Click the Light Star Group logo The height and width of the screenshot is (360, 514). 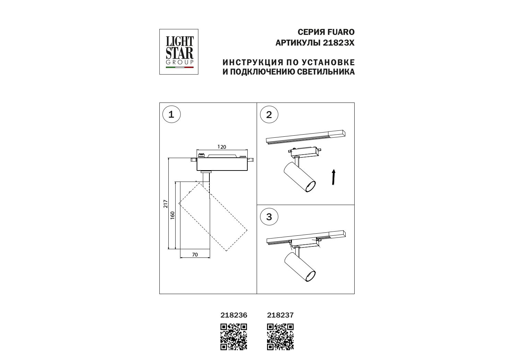(x=179, y=52)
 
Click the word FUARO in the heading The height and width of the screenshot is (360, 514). (x=341, y=32)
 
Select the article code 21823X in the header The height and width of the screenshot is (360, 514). (x=339, y=43)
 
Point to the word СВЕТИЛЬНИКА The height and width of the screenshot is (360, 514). (x=326, y=72)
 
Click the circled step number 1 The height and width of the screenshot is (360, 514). (x=171, y=114)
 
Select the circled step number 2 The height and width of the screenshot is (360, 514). (x=269, y=115)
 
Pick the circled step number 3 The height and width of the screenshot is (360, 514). (x=269, y=217)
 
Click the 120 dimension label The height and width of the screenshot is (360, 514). (x=222, y=147)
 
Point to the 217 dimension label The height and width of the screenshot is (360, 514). (x=166, y=204)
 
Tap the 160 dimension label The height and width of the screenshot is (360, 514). (x=172, y=215)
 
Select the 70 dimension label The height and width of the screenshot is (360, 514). (x=195, y=254)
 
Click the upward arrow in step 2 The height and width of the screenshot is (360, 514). (x=334, y=177)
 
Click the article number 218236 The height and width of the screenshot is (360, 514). (x=234, y=315)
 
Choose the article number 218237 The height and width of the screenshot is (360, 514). (x=280, y=315)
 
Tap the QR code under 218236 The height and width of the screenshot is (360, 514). (x=234, y=337)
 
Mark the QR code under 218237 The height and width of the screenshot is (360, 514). (x=280, y=337)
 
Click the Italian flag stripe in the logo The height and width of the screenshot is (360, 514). (x=180, y=68)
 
